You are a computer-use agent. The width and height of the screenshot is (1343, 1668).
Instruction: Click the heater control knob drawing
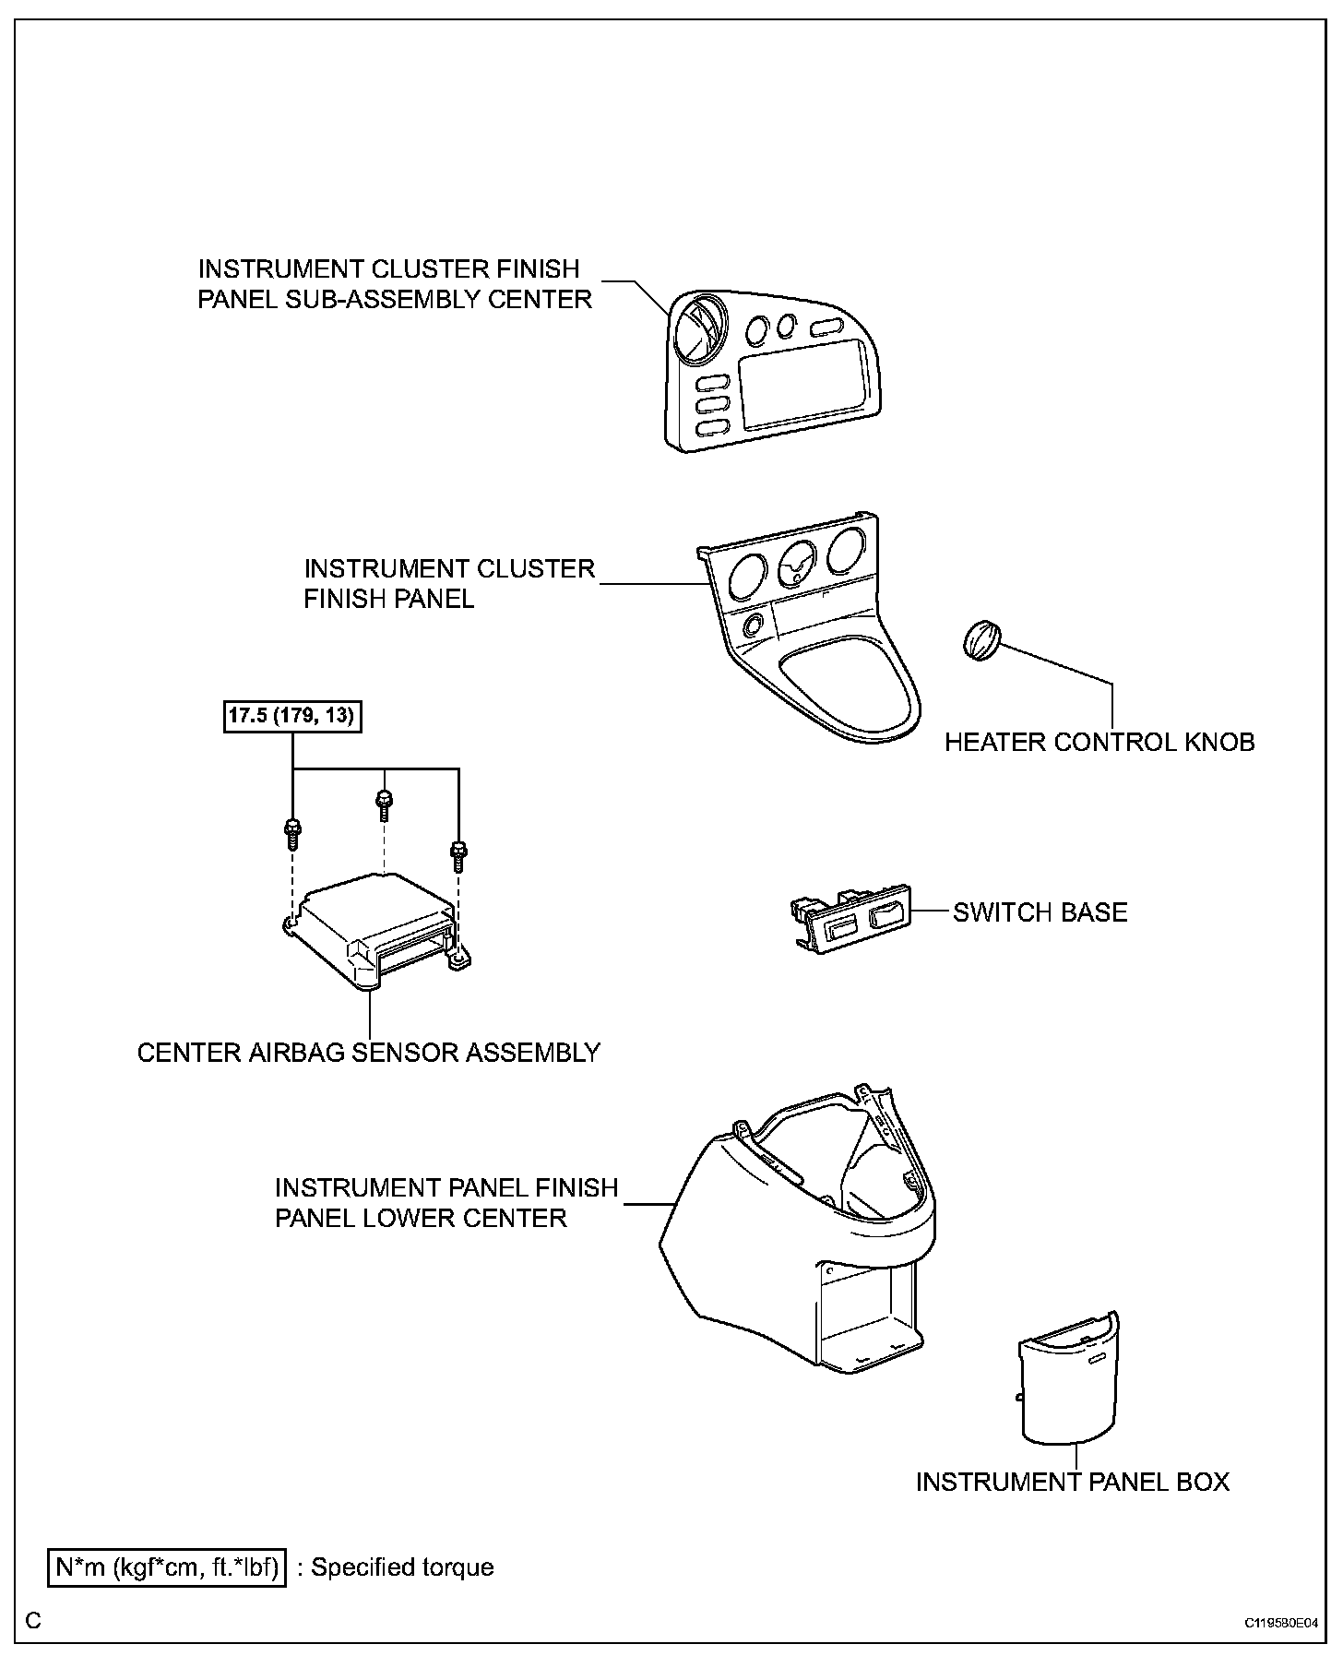981,640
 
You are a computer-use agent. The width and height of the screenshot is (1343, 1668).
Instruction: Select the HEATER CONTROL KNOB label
1099,742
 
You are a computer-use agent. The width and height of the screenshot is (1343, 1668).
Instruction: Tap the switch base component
850,917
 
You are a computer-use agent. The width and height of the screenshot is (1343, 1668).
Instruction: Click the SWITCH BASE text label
1040,912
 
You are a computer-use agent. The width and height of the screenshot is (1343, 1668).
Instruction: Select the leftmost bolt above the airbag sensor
291,831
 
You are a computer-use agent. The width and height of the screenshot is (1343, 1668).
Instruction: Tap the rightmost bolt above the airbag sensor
458,853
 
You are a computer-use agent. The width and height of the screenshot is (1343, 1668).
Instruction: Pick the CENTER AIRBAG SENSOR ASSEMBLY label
369,1053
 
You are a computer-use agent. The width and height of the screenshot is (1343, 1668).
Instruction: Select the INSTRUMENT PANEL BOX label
1072,1482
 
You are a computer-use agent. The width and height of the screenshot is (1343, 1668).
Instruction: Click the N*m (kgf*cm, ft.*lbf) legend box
168,1567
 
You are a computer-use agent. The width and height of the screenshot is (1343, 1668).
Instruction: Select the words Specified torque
402,1567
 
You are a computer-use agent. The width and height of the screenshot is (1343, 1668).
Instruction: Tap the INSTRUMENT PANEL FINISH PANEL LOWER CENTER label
446,1202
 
